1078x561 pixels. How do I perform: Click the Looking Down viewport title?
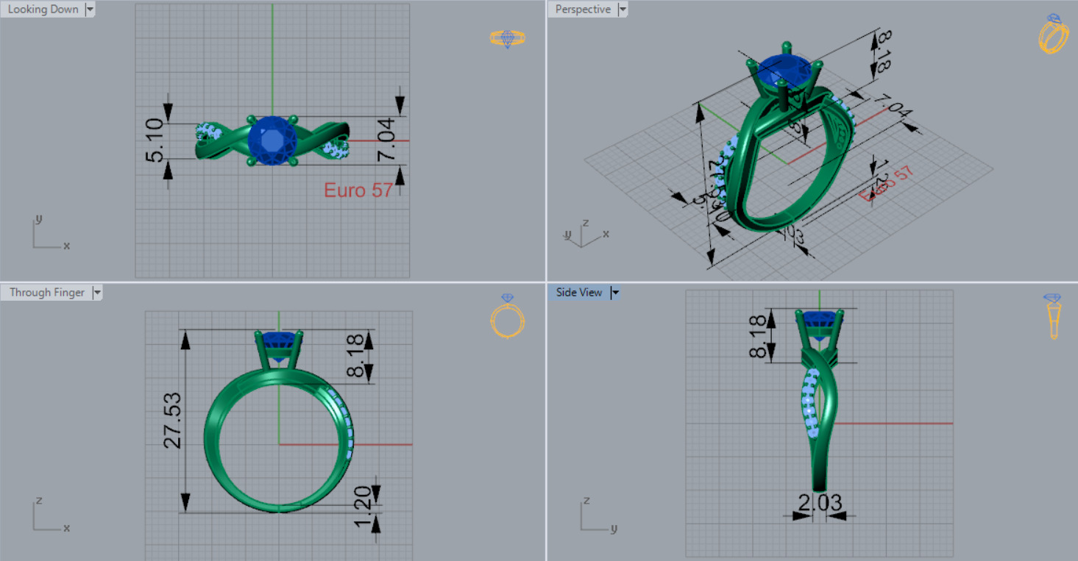[x=43, y=10]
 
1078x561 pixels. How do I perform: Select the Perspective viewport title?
[x=583, y=10]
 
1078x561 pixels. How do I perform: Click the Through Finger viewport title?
[x=47, y=293]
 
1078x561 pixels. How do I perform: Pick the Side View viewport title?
[x=578, y=293]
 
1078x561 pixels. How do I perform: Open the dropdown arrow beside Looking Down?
[x=90, y=10]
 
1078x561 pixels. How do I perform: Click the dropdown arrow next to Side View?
[x=615, y=293]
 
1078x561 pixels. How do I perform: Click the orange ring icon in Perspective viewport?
[x=1053, y=34]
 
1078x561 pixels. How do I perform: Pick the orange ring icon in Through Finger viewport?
[x=507, y=317]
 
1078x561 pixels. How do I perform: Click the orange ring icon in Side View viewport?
[x=1053, y=316]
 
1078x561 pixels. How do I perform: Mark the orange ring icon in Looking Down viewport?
[x=507, y=38]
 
